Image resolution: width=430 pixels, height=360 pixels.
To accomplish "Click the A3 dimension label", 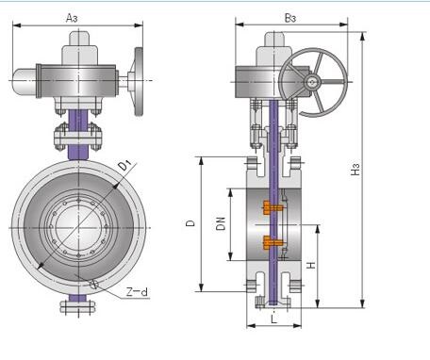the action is coord(72,18).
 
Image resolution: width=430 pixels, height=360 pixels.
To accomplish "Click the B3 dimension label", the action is coord(290,18).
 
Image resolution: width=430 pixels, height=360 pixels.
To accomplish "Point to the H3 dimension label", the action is coord(356,170).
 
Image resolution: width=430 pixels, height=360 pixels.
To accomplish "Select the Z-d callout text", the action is coord(137,292).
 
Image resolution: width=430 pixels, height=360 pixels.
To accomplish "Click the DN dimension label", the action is coord(222,223).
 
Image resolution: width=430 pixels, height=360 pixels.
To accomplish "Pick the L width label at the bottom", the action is coord(274,319).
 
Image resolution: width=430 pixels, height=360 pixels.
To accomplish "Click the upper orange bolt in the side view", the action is coord(273,208).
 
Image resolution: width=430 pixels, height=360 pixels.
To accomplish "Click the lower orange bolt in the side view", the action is coord(273,242).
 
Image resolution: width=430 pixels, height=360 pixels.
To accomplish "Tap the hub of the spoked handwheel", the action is coord(313,82).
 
